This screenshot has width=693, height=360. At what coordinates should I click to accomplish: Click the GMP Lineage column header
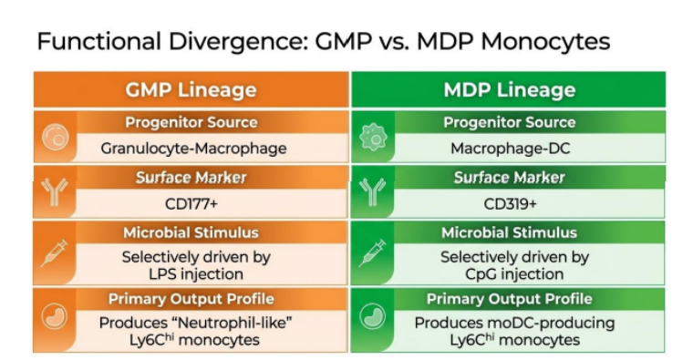click(x=191, y=89)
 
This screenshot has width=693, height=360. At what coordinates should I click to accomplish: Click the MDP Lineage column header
click(x=509, y=89)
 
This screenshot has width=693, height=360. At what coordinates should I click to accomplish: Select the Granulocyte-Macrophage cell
click(x=193, y=149)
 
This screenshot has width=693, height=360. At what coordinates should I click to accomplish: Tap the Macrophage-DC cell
click(x=510, y=149)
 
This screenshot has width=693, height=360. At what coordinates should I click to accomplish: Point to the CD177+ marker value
click(x=191, y=204)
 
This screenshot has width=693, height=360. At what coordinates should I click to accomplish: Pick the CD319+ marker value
click(x=510, y=204)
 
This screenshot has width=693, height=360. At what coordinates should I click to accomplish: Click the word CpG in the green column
click(x=481, y=274)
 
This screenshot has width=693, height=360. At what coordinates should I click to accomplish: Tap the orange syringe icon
click(x=55, y=253)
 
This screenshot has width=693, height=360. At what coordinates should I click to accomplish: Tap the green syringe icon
click(x=373, y=253)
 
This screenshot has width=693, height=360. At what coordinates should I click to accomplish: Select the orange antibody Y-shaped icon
click(x=55, y=192)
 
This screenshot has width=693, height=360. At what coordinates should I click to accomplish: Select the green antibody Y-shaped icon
click(x=373, y=192)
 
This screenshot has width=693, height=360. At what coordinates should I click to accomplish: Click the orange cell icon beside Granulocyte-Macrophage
click(x=56, y=137)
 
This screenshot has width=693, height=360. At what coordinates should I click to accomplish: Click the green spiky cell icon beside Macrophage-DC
click(x=374, y=137)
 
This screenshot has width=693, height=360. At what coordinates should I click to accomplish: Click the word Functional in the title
click(x=99, y=42)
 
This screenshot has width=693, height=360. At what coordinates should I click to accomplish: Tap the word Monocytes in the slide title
click(x=545, y=43)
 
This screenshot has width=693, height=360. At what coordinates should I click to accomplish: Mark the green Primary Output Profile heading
click(x=509, y=299)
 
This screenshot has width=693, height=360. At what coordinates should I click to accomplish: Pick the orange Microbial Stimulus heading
click(x=191, y=232)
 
